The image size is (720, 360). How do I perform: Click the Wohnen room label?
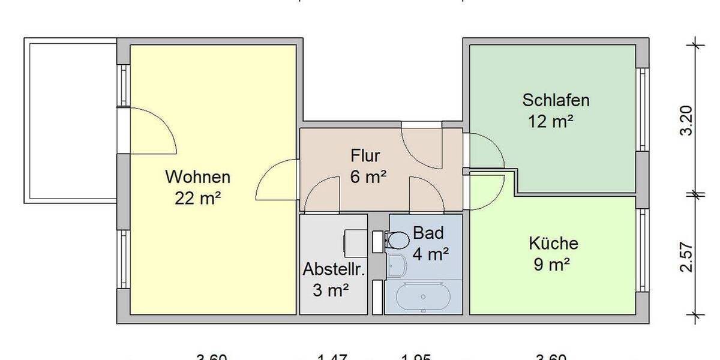(x=197, y=178)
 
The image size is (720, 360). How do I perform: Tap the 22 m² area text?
(x=197, y=198)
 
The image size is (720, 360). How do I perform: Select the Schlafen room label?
(x=556, y=100)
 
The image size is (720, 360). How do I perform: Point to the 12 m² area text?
(x=550, y=121)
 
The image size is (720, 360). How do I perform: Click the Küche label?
(x=553, y=244)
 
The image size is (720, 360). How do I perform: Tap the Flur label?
(x=365, y=157)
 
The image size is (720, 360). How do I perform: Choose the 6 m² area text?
(x=368, y=177)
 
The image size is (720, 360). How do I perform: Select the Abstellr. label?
(x=334, y=269)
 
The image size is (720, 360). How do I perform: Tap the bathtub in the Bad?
(x=424, y=296)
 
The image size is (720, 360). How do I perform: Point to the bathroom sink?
(x=396, y=265)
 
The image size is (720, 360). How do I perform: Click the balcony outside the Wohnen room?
(x=69, y=120)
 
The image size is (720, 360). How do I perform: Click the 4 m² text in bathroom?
(x=430, y=254)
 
